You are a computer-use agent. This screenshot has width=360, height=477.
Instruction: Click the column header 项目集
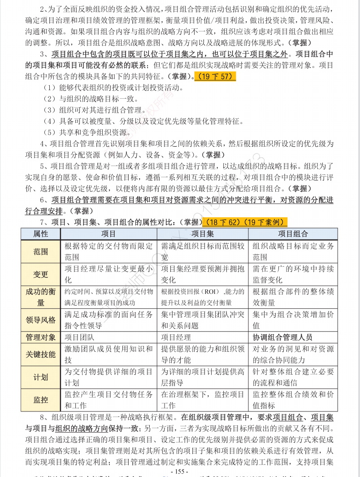203,234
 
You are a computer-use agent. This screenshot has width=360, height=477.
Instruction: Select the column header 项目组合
293,234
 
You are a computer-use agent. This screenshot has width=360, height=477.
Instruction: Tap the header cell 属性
40,234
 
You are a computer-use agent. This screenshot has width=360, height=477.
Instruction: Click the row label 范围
40,251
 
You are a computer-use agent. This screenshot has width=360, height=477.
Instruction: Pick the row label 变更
40,274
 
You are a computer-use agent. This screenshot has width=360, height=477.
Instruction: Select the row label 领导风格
40,319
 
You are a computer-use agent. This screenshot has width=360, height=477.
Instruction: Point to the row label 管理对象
40,337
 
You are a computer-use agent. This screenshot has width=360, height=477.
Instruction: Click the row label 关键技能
40,354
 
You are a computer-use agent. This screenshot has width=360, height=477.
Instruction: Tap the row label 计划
40,377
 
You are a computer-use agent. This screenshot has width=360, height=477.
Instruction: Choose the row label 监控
40,399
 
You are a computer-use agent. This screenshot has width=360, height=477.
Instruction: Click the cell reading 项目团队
79,337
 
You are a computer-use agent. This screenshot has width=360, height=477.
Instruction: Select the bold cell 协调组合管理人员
282,337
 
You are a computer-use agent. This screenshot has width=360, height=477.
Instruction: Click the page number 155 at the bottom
180,472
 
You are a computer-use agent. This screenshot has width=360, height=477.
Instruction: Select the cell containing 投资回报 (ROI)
202,297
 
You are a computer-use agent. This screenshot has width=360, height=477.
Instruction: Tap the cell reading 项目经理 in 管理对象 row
176,337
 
